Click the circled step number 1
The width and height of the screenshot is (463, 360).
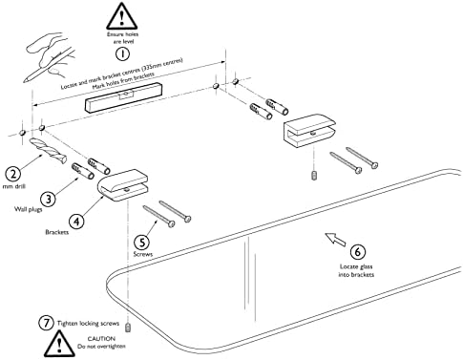click(x=122, y=53)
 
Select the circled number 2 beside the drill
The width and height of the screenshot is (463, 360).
click(x=13, y=174)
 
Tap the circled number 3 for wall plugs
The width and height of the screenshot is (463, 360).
click(x=48, y=199)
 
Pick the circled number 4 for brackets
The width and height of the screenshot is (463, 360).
click(x=76, y=221)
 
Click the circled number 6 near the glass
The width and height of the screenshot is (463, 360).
click(x=358, y=252)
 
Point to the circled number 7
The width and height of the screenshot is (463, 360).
click(x=47, y=323)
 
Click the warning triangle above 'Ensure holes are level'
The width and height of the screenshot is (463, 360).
click(x=121, y=16)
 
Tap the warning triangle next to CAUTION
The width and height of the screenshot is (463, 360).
click(x=59, y=344)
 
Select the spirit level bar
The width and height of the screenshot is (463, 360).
click(x=123, y=97)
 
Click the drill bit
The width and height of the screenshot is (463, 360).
click(x=48, y=151)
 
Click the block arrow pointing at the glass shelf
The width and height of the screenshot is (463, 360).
click(x=335, y=239)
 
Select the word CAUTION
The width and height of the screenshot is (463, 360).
click(x=101, y=339)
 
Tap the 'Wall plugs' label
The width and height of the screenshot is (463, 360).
click(x=29, y=209)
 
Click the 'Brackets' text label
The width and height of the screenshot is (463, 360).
click(x=57, y=232)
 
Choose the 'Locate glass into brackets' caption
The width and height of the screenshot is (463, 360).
click(x=356, y=270)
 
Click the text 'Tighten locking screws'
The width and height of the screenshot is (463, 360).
click(x=88, y=324)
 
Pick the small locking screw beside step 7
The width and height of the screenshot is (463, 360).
click(x=129, y=328)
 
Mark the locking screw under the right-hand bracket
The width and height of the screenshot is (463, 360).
click(x=314, y=176)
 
